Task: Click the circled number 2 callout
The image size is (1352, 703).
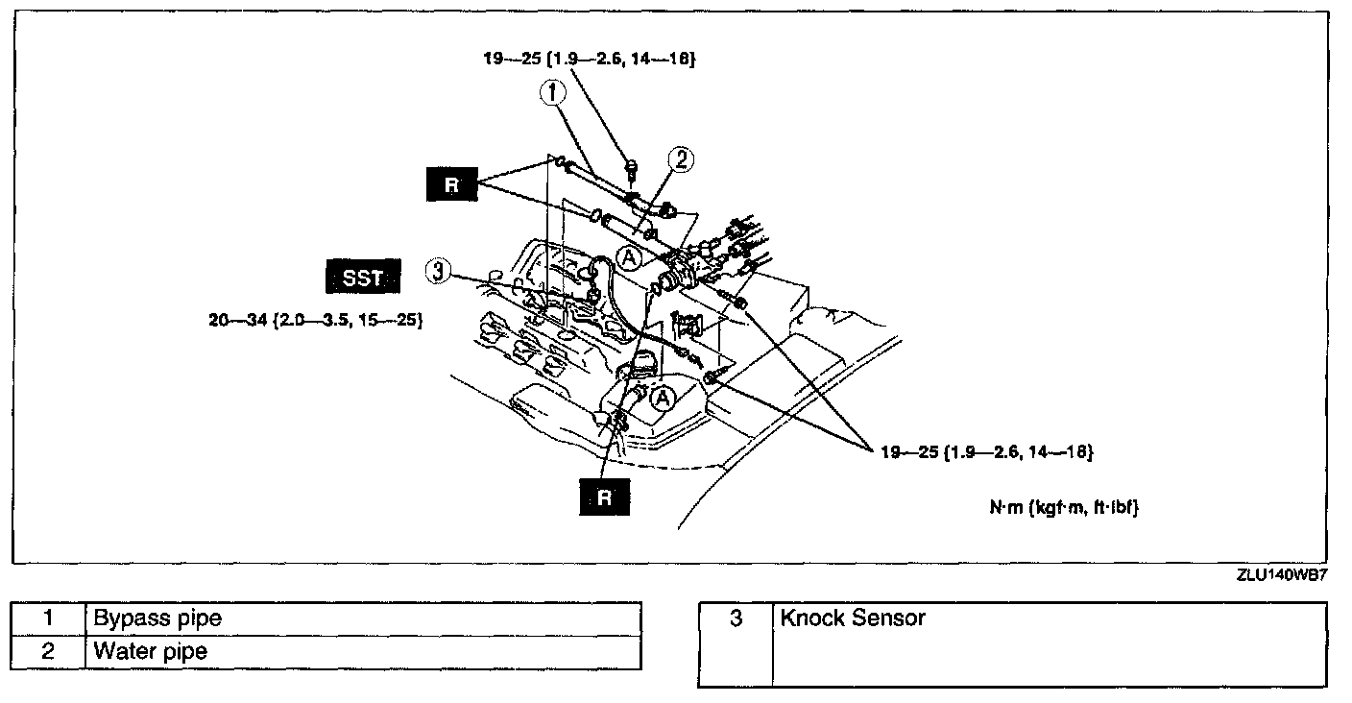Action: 681,159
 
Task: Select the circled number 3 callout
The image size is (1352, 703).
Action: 438,273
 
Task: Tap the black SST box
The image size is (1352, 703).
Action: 362,279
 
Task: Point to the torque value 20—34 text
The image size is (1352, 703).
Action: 317,320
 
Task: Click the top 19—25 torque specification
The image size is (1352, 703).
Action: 589,59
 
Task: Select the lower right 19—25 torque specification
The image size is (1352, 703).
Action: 986,450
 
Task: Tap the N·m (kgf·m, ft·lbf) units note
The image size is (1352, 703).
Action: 1063,508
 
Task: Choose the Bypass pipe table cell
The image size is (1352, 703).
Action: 363,618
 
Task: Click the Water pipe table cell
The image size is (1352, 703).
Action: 363,652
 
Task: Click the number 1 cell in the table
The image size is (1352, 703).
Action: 48,618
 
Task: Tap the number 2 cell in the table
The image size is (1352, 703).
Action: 48,652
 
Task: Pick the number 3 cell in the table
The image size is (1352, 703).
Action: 736,618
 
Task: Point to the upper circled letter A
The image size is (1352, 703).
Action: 629,257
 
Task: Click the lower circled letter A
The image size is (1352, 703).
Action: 661,396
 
